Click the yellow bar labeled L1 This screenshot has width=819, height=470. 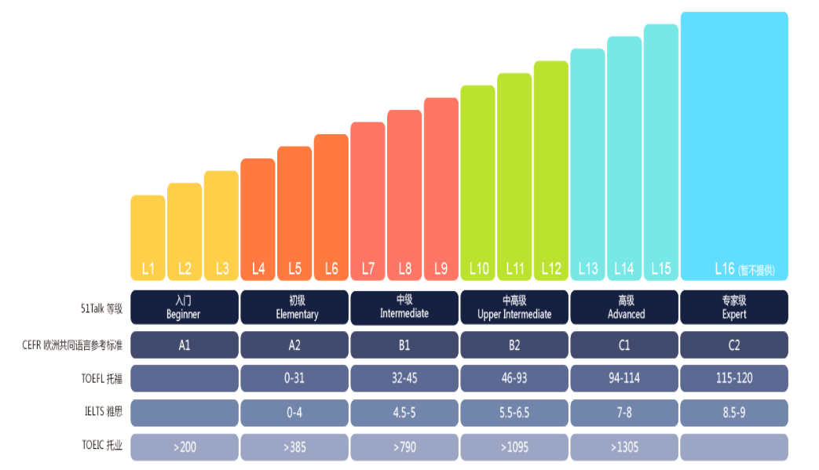pos(148,237)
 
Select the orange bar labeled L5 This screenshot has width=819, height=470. pos(294,213)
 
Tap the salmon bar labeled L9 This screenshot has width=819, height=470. pos(441,188)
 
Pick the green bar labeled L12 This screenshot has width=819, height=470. pos(551,169)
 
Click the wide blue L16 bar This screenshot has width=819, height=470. pos(734,145)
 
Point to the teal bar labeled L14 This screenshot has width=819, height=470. pos(624,158)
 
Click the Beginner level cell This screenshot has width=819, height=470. pos(184,308)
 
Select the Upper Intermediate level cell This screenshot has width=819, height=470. pos(514,308)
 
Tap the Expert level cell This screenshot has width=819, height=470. pos(734,308)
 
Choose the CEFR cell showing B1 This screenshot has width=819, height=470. pos(404,344)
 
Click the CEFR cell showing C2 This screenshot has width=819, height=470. pos(734,344)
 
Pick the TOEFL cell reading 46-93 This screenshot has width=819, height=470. pos(514,378)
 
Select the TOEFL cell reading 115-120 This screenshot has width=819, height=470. pos(734,378)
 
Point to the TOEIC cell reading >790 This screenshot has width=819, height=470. pos(404,447)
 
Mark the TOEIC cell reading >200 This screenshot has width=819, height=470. pos(184,447)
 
